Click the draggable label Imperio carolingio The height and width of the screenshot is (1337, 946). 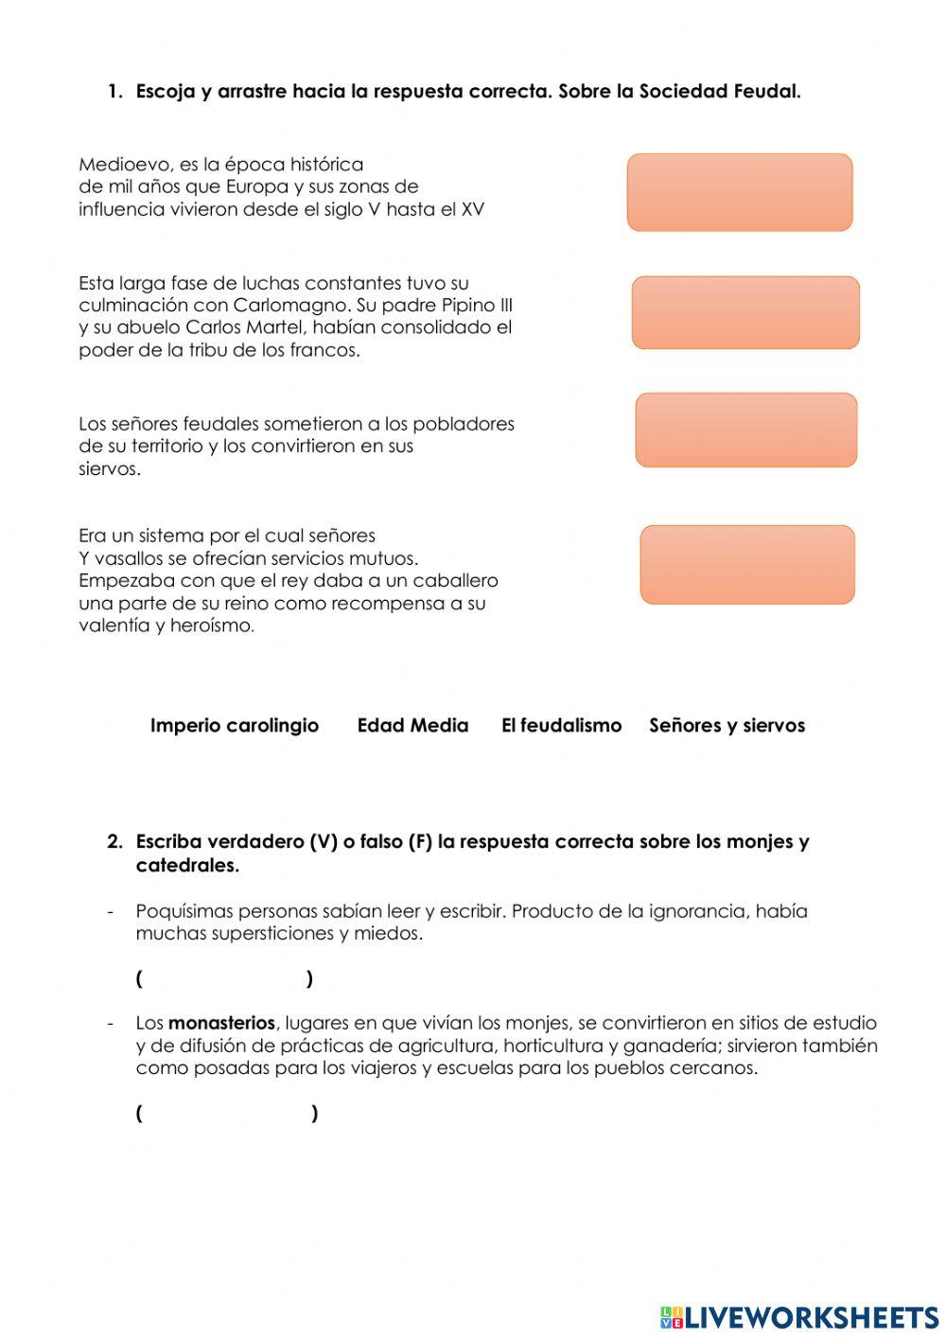tap(234, 726)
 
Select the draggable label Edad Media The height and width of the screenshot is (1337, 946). tap(412, 726)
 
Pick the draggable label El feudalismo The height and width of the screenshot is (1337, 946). tap(561, 726)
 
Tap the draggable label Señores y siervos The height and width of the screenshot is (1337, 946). tap(727, 726)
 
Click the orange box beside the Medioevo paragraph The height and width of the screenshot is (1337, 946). tap(739, 192)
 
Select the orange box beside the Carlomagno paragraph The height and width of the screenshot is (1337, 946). tap(745, 312)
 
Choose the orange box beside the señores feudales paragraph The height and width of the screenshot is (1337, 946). tap(745, 430)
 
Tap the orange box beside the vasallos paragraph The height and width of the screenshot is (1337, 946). tap(746, 564)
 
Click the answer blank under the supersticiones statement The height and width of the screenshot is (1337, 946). tap(224, 978)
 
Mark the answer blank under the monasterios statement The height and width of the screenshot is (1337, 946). tap(226, 1113)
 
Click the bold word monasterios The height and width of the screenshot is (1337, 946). tap(221, 1023)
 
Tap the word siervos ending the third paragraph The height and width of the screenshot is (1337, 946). tap(108, 469)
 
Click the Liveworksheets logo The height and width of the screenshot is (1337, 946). tap(799, 1317)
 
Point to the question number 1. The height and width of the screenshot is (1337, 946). tap(114, 92)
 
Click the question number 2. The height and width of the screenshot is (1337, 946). tap(114, 842)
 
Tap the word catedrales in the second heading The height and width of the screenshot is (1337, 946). tap(186, 866)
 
